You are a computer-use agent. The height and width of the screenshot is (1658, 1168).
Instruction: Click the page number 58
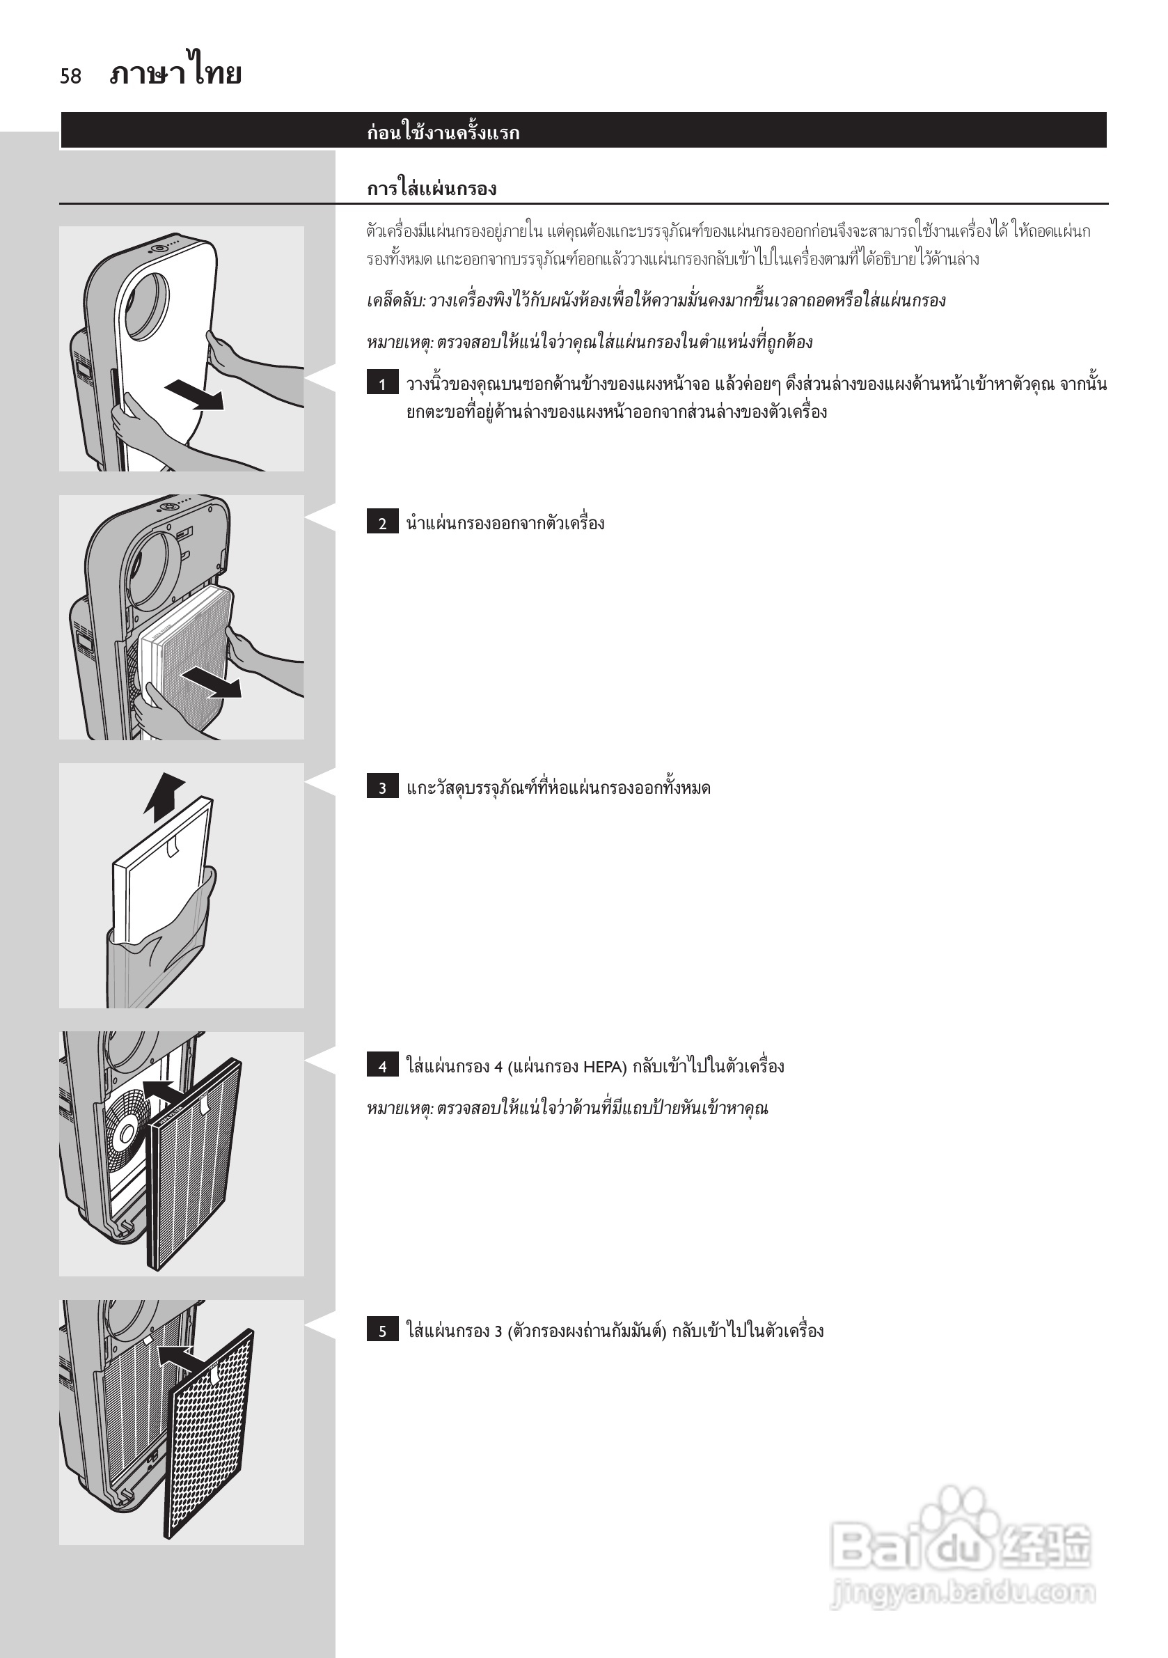(71, 76)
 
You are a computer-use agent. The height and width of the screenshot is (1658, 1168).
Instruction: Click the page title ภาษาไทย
(175, 73)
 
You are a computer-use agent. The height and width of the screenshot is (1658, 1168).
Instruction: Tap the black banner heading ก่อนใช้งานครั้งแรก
(443, 132)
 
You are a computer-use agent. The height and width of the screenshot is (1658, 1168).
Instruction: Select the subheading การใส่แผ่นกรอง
(431, 189)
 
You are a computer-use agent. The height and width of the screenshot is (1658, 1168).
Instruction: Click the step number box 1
(383, 384)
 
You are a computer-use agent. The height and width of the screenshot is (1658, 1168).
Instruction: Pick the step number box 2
(383, 523)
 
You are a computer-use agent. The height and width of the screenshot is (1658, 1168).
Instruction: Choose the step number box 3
(383, 787)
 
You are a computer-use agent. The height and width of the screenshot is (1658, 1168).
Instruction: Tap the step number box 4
(383, 1066)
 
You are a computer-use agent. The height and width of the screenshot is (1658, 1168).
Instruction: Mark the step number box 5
(383, 1330)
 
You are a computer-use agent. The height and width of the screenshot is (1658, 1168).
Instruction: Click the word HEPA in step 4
(605, 1067)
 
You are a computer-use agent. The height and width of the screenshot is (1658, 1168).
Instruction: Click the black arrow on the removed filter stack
(212, 682)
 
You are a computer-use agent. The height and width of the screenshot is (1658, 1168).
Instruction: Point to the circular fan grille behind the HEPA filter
(125, 1131)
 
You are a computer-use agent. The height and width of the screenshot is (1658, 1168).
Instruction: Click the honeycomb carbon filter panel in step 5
(210, 1437)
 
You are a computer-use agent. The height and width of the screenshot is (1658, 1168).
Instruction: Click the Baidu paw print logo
(960, 1531)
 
